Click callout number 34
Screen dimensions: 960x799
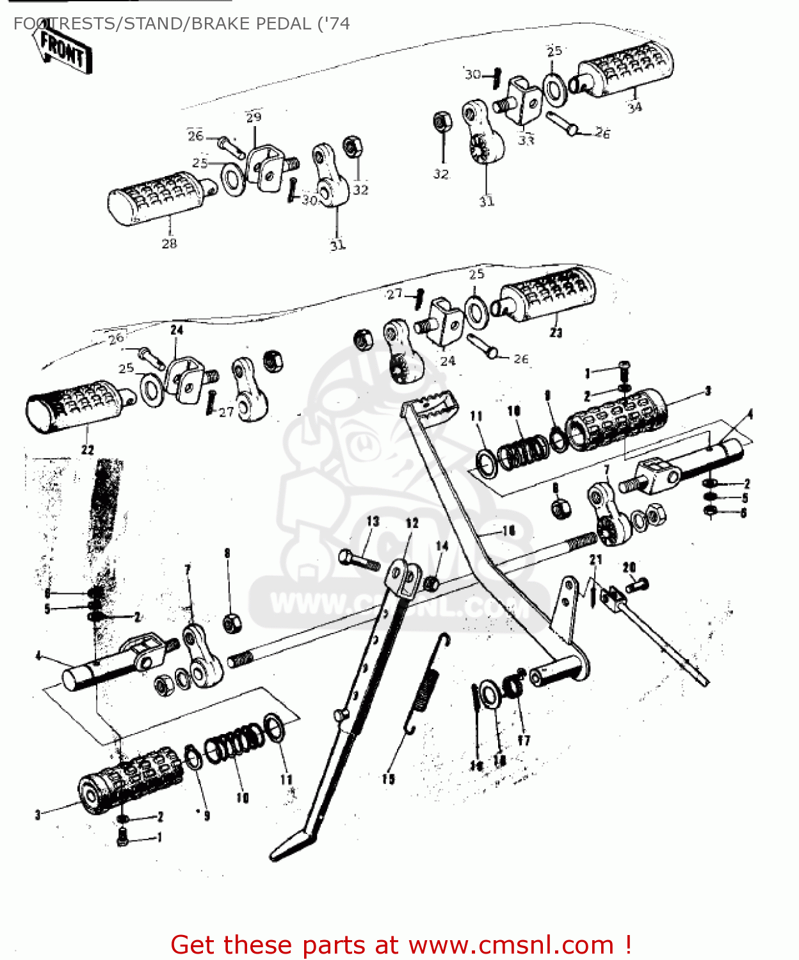(x=634, y=108)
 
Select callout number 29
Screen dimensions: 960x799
(x=254, y=117)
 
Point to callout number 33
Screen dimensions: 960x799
(x=526, y=140)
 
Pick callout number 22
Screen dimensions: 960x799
(x=88, y=449)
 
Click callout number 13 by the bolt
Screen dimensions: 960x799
(x=373, y=522)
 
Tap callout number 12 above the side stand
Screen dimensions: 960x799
(x=412, y=523)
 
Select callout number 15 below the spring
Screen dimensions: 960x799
(x=388, y=779)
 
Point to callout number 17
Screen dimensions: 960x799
(x=524, y=740)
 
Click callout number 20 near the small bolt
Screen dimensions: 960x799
(x=629, y=567)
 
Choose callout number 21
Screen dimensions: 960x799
(x=595, y=559)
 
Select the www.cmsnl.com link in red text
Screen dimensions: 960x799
(x=511, y=945)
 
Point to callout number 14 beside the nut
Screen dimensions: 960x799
(x=442, y=545)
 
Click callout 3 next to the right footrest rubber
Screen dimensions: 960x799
(x=707, y=390)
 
